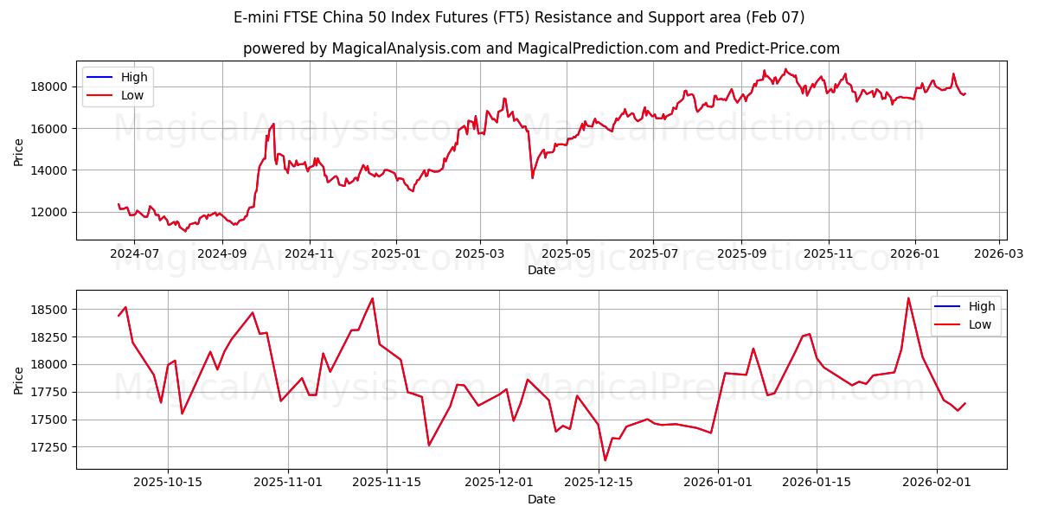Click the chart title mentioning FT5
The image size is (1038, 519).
point(518,17)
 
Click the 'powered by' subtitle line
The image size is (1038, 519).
point(541,48)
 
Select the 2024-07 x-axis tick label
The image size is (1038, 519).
point(135,254)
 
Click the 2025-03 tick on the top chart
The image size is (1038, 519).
point(479,254)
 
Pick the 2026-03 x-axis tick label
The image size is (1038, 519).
point(999,254)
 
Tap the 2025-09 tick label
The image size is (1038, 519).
point(741,254)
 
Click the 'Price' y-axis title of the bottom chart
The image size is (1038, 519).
point(19,380)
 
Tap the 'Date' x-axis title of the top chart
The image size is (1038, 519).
point(541,270)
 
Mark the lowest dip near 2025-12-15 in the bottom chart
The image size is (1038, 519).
point(605,460)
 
